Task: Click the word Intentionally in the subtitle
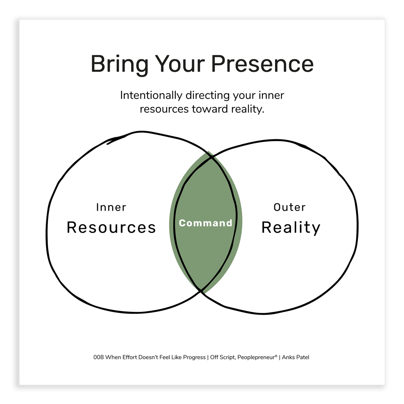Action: pyautogui.click(x=151, y=95)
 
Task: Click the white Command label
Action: pyautogui.click(x=206, y=223)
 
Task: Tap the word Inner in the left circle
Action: pyautogui.click(x=111, y=207)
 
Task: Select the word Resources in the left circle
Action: pyautogui.click(x=111, y=227)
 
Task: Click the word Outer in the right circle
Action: pyautogui.click(x=289, y=207)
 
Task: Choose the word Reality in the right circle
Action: pyautogui.click(x=291, y=228)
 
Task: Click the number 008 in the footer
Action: pyautogui.click(x=99, y=357)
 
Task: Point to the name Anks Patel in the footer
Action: pyautogui.click(x=296, y=357)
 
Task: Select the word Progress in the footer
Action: pyautogui.click(x=194, y=357)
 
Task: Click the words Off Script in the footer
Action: pyautogui.click(x=222, y=357)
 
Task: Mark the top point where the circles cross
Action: pyautogui.click(x=212, y=159)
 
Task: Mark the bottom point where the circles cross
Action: pyautogui.click(x=201, y=290)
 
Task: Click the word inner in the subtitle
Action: pyautogui.click(x=271, y=95)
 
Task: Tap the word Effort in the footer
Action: pyautogui.click(x=129, y=357)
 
